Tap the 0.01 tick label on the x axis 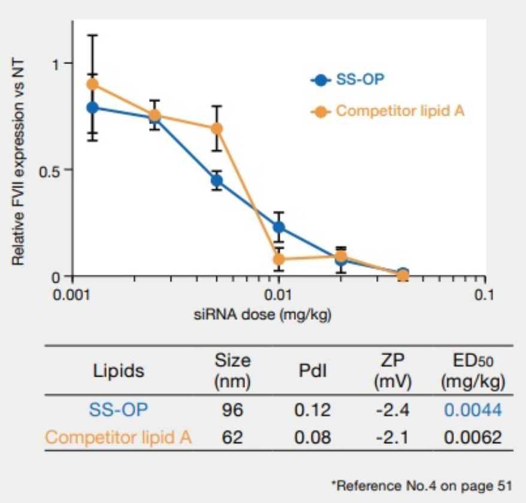click(279, 295)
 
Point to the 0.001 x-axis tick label click(72, 295)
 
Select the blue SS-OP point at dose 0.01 click(279, 227)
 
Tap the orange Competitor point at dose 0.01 click(279, 259)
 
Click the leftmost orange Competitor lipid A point click(92, 84)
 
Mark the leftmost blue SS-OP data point click(92, 108)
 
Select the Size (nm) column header click(232, 371)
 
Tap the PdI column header click(312, 371)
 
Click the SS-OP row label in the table click(118, 410)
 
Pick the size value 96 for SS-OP click(232, 410)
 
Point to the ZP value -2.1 click(392, 438)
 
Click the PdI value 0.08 click(312, 438)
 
